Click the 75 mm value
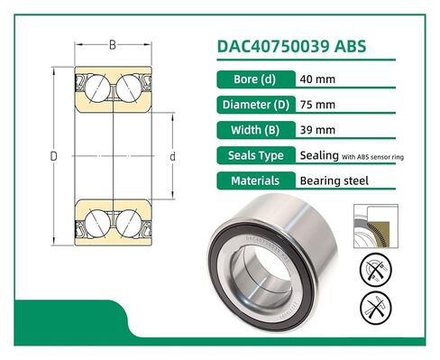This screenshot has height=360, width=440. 316,103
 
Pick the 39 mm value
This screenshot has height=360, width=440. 316,129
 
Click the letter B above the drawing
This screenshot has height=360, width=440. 112,43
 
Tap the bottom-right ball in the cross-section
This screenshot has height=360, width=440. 129,219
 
